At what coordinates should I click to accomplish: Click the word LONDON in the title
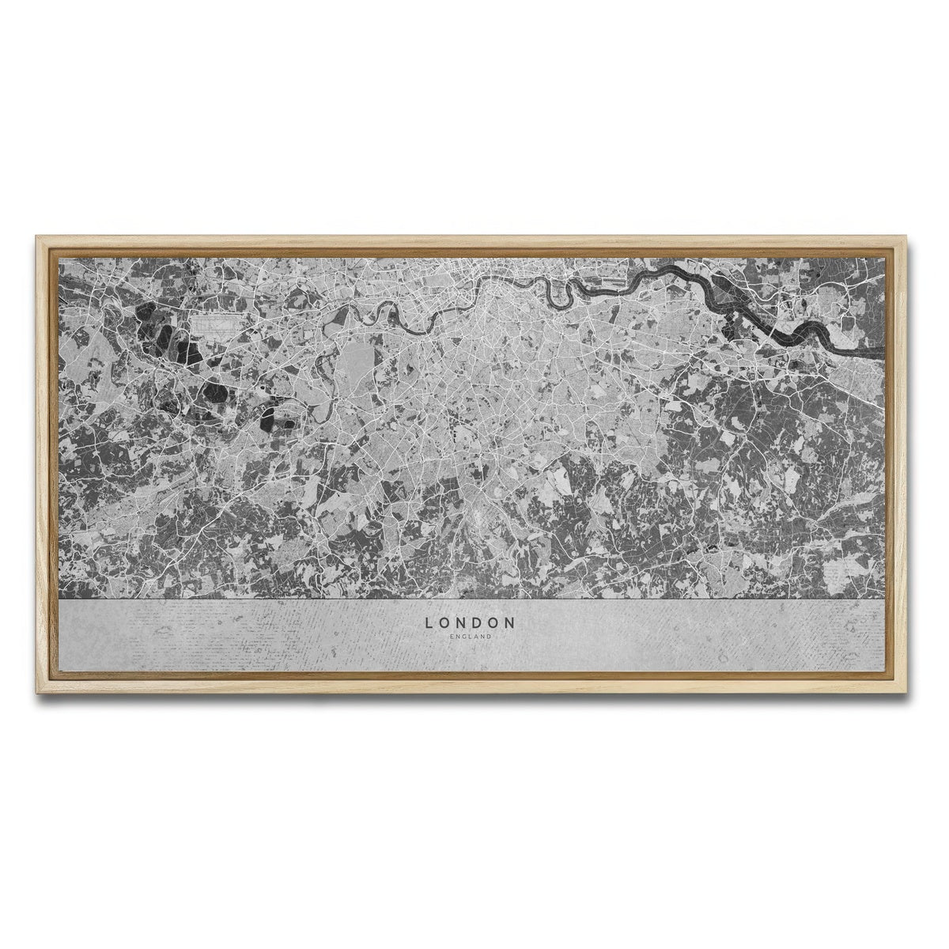pyautogui.click(x=470, y=622)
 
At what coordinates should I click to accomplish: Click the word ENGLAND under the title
pyautogui.click(x=470, y=637)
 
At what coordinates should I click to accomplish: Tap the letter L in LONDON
pyautogui.click(x=429, y=622)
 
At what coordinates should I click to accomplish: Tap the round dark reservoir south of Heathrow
pyautogui.click(x=214, y=391)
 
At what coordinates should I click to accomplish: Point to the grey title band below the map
pyautogui.click(x=237, y=633)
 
